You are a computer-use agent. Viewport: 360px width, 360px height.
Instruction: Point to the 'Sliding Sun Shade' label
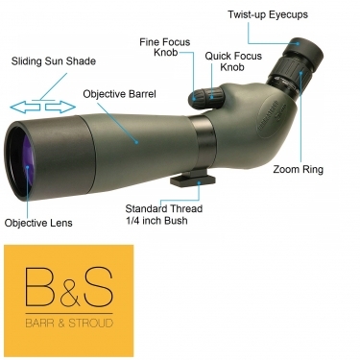53,60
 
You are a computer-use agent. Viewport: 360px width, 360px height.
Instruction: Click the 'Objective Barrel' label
120,95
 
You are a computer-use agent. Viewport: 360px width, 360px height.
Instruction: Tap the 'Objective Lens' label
37,223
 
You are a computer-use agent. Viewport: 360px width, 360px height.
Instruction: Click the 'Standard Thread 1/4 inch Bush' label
168,214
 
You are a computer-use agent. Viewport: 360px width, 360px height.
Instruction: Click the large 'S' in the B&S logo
97,286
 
